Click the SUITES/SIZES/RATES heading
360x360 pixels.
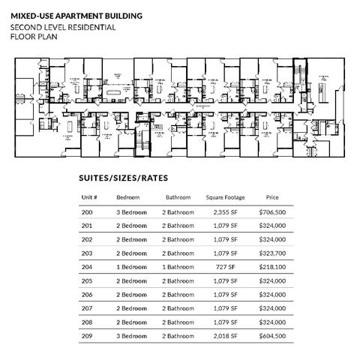[x=122, y=179]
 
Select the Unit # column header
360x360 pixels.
[x=89, y=198]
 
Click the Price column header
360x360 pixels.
[x=272, y=198]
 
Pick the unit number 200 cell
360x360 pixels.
[x=87, y=213]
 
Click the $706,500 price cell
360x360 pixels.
[x=272, y=213]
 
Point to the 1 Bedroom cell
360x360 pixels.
[x=132, y=267]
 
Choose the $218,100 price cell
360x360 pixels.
[x=272, y=267]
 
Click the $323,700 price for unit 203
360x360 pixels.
[x=272, y=253]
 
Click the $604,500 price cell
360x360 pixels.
[x=272, y=335]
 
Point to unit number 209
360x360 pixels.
[x=87, y=335]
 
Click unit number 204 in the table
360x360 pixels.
[x=87, y=267]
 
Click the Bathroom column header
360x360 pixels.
[x=178, y=198]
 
